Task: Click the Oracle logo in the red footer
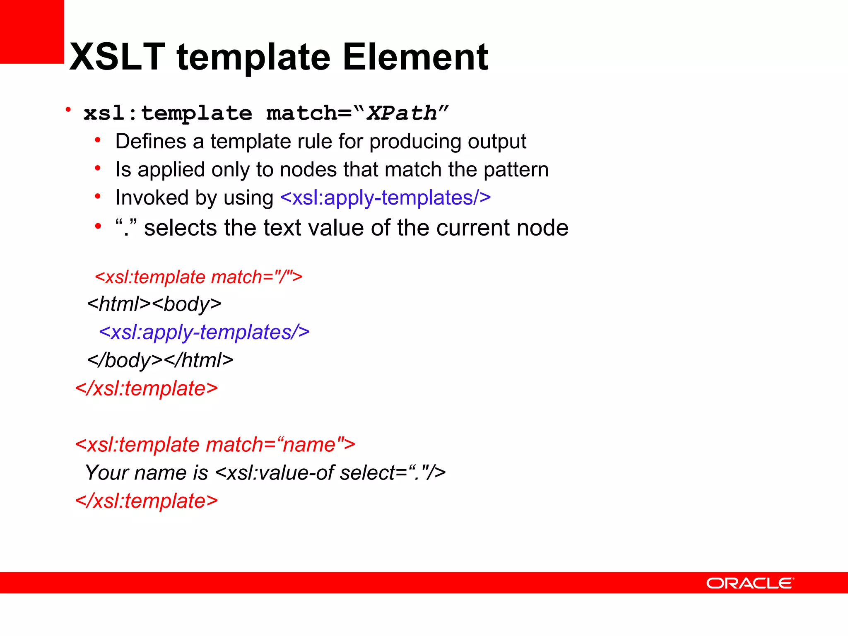tap(750, 583)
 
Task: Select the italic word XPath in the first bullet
tap(402, 113)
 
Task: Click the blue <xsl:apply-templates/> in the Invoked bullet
tap(385, 198)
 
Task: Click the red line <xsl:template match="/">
tap(198, 277)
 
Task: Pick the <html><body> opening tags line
tap(154, 304)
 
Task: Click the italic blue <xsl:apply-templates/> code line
tap(204, 332)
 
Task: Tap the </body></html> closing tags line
tap(160, 360)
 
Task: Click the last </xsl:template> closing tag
tap(147, 501)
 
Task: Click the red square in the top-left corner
tap(31, 31)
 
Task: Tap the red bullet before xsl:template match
tap(68, 110)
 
